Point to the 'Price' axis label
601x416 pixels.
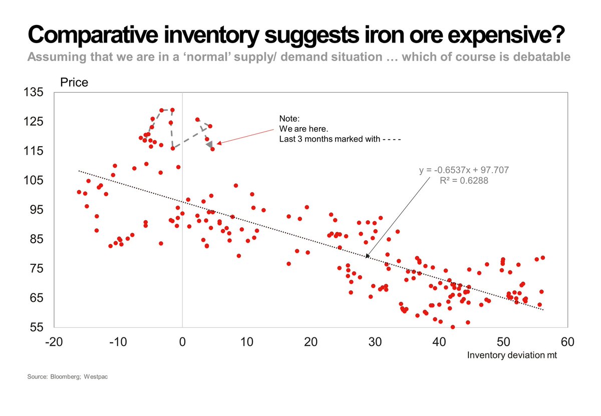point(74,83)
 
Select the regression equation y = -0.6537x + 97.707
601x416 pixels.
point(464,170)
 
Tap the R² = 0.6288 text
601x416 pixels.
point(464,181)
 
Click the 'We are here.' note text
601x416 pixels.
point(303,129)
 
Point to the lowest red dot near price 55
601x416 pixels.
point(453,327)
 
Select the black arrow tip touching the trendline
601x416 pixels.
point(367,256)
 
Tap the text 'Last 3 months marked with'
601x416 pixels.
point(329,140)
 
